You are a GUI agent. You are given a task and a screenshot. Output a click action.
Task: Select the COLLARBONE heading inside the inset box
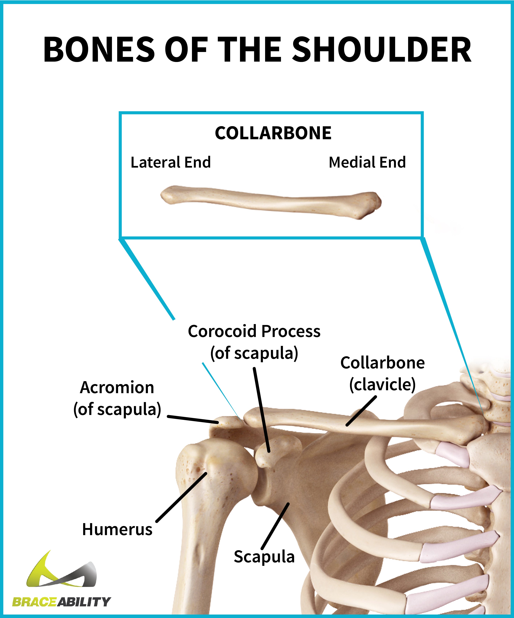pos(273,133)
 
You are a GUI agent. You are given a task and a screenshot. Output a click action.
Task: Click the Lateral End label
pos(170,162)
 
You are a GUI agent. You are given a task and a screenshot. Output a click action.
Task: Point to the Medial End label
pos(367,162)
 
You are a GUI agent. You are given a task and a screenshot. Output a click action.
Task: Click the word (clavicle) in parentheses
pos(382,385)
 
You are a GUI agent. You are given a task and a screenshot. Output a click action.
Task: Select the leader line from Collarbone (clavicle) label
pos(361,411)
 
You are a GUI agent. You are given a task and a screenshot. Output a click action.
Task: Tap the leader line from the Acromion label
pos(193,419)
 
